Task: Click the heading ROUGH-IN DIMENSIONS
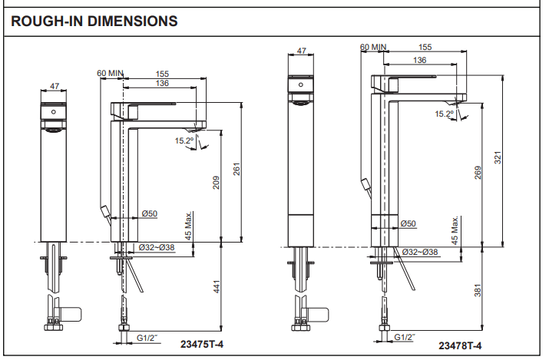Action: pos(94,21)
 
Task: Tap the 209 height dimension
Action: pos(217,183)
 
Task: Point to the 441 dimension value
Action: pos(217,287)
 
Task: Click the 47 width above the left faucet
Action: pos(54,86)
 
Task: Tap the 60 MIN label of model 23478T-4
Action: pos(373,47)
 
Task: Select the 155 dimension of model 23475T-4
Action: pos(162,74)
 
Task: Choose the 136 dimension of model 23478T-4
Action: pos(420,60)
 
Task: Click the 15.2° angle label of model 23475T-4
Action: pos(184,140)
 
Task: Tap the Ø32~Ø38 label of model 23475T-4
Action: pos(160,247)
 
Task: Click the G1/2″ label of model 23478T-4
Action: pos(405,336)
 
